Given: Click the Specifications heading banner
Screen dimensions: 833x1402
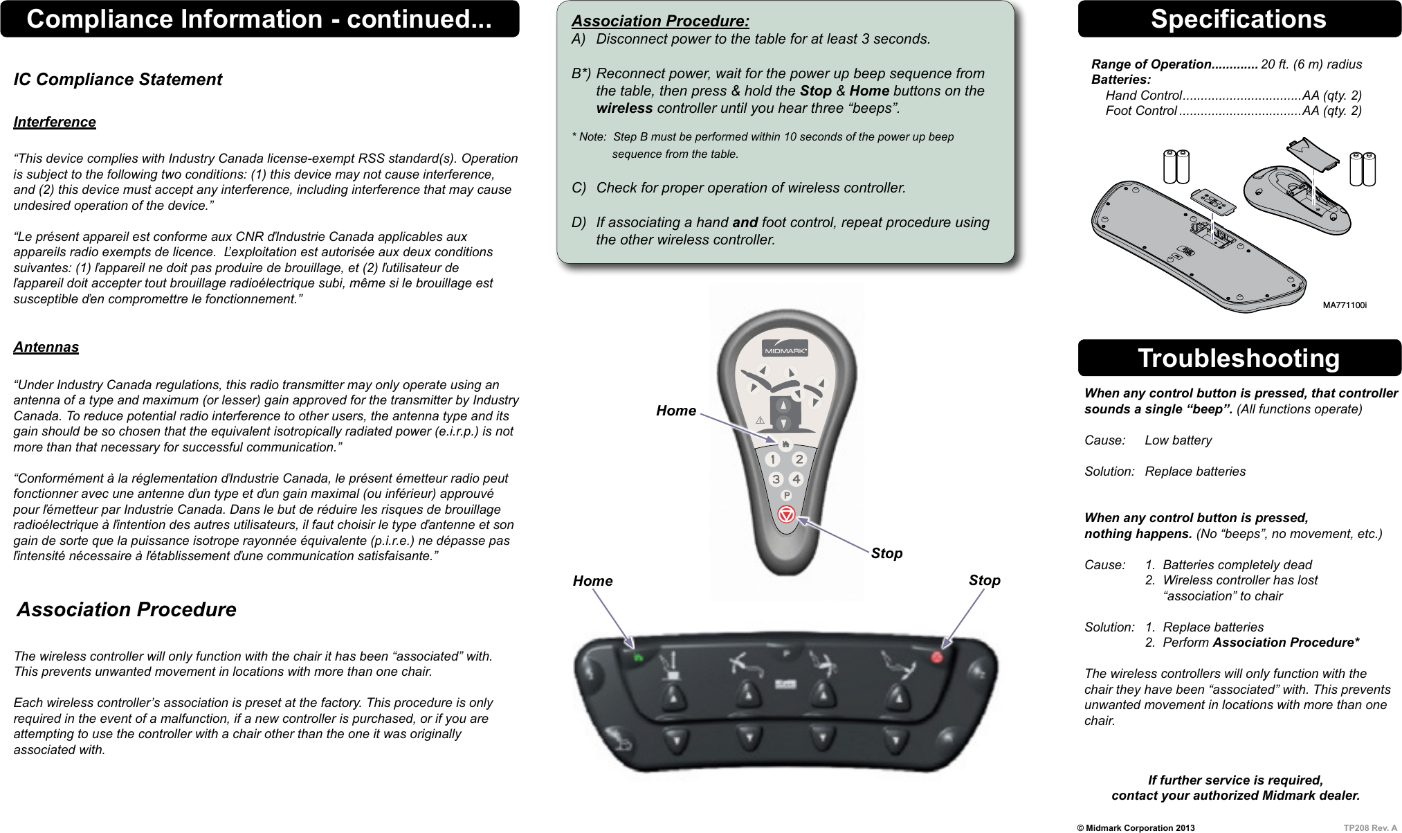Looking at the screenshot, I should (1238, 19).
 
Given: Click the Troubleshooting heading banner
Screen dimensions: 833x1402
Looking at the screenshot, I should (1238, 358).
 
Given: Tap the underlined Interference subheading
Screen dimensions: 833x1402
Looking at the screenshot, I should (55, 122).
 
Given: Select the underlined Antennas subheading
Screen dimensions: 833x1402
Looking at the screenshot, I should (46, 347).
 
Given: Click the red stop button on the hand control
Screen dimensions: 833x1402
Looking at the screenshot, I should (786, 514).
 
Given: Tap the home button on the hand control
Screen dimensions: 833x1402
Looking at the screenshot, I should (785, 444).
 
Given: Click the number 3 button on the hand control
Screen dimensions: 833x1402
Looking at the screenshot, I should (776, 479).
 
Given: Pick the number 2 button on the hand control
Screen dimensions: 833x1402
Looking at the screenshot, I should (799, 459).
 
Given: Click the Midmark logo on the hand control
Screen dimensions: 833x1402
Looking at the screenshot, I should (785, 348).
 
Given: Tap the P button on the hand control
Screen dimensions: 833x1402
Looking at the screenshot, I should (786, 495).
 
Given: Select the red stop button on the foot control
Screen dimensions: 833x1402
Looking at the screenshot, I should (937, 656).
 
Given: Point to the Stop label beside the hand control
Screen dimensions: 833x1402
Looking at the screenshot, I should (886, 553).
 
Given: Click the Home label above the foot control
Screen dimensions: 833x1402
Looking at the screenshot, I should (592, 581).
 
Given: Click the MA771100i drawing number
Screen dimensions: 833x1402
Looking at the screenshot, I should (1344, 305).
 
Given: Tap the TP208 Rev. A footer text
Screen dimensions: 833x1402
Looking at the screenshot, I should (1370, 827).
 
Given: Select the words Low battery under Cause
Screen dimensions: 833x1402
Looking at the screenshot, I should (1178, 440).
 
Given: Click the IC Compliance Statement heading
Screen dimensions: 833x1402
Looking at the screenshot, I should (118, 80).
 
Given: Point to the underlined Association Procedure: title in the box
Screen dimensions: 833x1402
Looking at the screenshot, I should (660, 21).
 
